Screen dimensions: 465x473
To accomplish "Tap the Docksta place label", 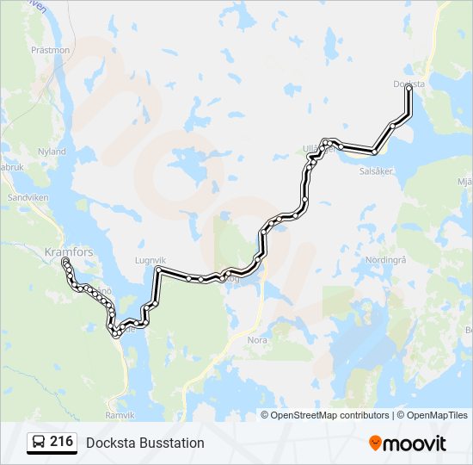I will pyautogui.click(x=408, y=84).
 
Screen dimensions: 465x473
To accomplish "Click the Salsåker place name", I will pyautogui.click(x=376, y=170).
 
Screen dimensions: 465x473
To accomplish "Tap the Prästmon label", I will pyautogui.click(x=50, y=50).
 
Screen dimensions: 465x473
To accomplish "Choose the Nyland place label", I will pyautogui.click(x=52, y=151).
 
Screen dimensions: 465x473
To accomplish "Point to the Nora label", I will pyautogui.click(x=257, y=340).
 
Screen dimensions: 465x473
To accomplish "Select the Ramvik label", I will pyautogui.click(x=120, y=415).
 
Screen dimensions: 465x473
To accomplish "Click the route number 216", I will pyautogui.click(x=61, y=442).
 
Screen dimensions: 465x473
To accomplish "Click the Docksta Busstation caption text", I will pyautogui.click(x=145, y=443).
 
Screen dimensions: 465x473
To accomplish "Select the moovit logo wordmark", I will pyautogui.click(x=415, y=443).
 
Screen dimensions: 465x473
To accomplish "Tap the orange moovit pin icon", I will pyautogui.click(x=376, y=443).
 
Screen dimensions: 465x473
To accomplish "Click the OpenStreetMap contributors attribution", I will pyautogui.click(x=329, y=415).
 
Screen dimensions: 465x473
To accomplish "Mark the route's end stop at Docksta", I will pyautogui.click(x=408, y=88).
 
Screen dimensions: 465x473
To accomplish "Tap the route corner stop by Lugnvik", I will pyautogui.click(x=158, y=270).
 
